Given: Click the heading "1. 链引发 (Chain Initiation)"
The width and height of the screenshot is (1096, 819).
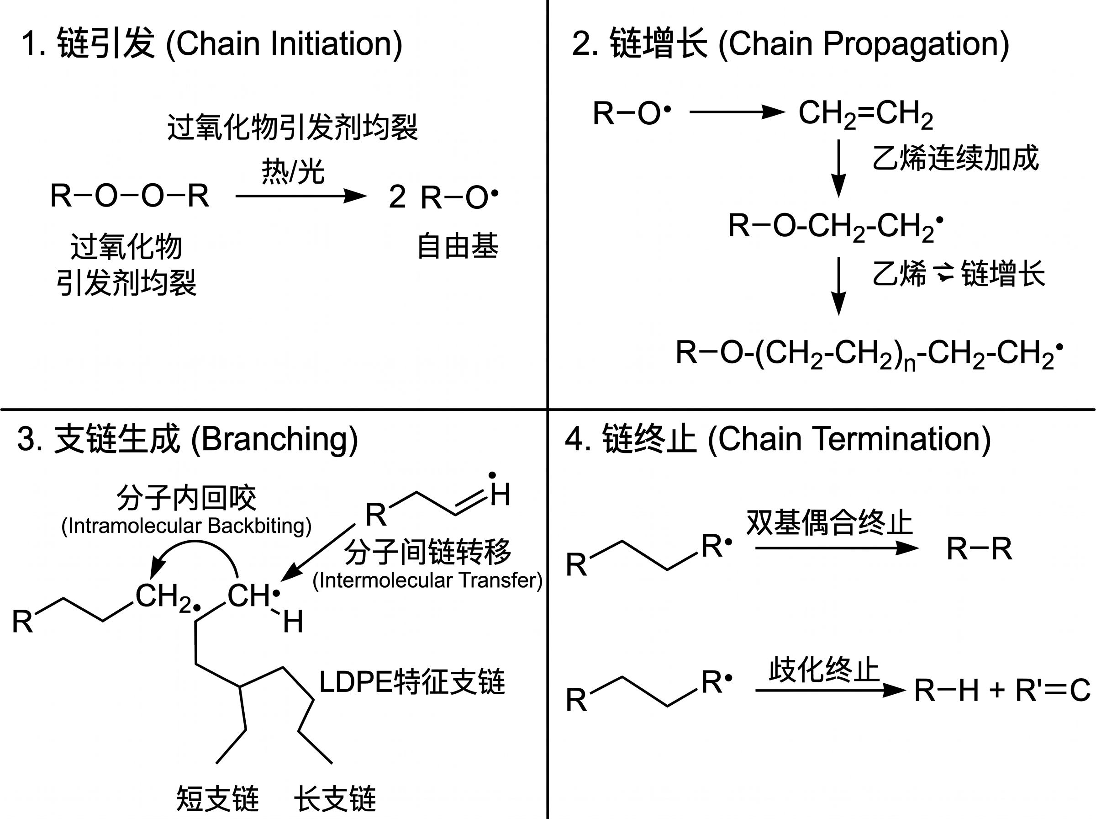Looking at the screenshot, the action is click(212, 43).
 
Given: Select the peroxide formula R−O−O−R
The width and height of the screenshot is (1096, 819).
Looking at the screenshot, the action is click(130, 195).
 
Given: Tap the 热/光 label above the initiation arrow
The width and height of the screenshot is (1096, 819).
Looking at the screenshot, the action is click(293, 171).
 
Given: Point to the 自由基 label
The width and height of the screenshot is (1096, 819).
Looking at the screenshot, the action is click(458, 246).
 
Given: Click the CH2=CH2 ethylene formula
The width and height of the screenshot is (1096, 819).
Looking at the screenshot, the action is click(866, 114).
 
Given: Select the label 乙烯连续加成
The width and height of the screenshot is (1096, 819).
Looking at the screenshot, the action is click(955, 158).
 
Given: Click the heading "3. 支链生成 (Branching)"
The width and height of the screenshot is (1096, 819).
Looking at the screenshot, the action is click(187, 439).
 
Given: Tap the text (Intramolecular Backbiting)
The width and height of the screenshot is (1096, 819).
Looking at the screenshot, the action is click(186, 526).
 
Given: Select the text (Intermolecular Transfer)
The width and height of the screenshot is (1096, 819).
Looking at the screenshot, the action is click(427, 580).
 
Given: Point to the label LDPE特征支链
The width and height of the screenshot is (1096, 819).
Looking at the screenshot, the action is click(412, 682).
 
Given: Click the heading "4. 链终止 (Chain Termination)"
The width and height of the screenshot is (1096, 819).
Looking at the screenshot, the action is click(778, 439).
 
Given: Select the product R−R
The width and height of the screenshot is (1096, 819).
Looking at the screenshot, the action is click(979, 549).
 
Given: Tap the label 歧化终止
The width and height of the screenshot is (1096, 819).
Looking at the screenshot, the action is click(824, 670).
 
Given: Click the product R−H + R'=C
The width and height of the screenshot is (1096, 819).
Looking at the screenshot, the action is click(1002, 690).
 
